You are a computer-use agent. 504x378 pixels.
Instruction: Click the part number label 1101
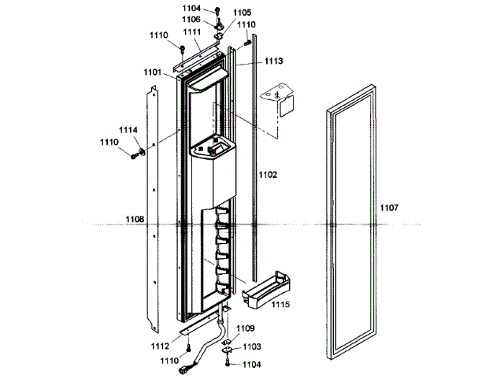coord(153,72)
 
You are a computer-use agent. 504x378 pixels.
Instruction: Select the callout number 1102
coord(268,174)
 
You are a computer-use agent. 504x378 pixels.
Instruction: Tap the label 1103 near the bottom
coord(252,346)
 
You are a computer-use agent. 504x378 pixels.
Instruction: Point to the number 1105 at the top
coord(242,13)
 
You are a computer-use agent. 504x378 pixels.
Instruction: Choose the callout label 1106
coord(191,19)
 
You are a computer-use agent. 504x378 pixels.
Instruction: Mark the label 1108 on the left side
coord(135,220)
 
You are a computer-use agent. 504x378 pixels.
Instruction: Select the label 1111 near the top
coord(191,31)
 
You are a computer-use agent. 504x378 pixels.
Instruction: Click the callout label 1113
coord(273,61)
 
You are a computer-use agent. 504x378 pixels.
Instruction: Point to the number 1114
coord(128,130)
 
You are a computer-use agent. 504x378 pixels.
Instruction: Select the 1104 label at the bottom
coord(252,365)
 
